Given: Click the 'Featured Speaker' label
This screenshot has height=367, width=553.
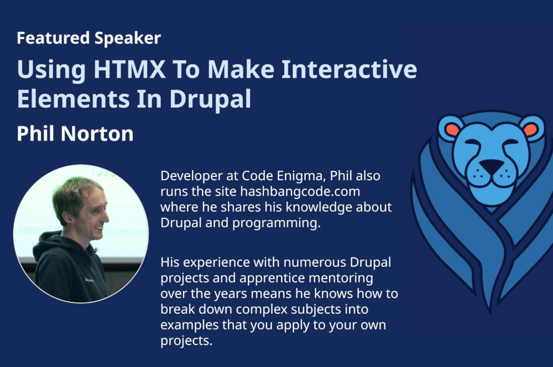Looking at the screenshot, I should pyautogui.click(x=88, y=38).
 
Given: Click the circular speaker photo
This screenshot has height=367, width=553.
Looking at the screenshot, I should pyautogui.click(x=81, y=234).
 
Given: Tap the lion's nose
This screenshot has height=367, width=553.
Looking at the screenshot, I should pyautogui.click(x=491, y=166).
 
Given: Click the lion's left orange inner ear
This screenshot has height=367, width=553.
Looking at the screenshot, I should pyautogui.click(x=453, y=130).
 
